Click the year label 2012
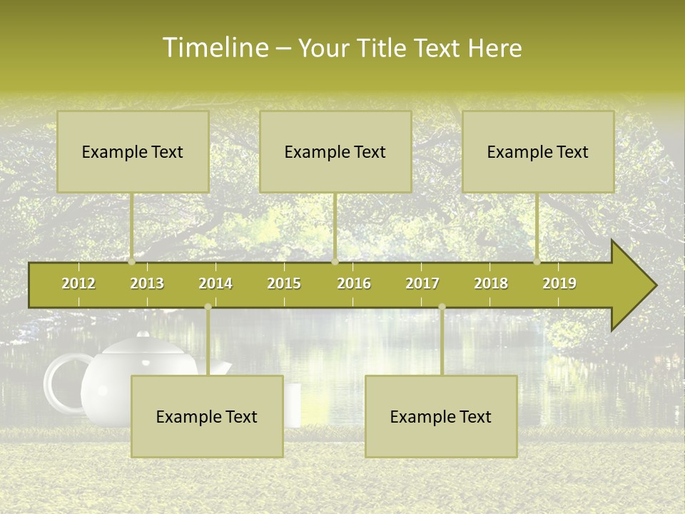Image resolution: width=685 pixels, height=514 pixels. (x=78, y=283)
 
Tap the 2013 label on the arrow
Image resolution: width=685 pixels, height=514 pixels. (x=147, y=283)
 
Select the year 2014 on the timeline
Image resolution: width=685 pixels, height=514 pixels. (x=215, y=283)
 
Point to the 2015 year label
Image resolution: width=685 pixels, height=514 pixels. (x=284, y=283)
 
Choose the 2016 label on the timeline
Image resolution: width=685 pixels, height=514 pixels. (x=354, y=283)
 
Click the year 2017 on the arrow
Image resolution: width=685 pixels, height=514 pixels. (x=422, y=283)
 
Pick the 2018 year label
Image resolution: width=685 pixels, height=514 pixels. (x=491, y=283)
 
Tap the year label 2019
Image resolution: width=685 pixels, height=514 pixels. (x=559, y=283)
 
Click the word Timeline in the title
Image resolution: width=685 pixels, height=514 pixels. (x=215, y=48)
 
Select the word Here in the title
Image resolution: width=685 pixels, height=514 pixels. (x=494, y=48)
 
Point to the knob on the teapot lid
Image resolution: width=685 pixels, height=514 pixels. (x=143, y=334)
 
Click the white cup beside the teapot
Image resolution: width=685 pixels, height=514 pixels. (x=293, y=405)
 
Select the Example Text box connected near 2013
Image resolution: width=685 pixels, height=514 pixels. (x=133, y=151)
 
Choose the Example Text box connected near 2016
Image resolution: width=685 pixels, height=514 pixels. (x=335, y=151)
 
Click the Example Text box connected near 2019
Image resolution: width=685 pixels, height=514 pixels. (x=538, y=151)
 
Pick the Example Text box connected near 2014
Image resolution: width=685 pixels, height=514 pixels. (x=207, y=416)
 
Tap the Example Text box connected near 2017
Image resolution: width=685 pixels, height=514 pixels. (x=441, y=416)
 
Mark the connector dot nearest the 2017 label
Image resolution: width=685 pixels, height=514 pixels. (x=442, y=307)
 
